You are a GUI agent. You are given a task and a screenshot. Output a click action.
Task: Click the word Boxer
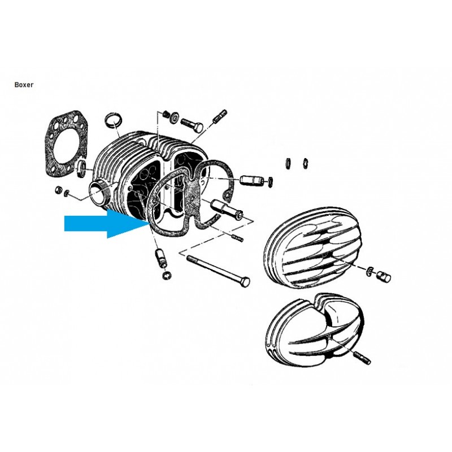(24, 85)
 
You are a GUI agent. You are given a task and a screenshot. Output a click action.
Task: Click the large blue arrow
(107, 223)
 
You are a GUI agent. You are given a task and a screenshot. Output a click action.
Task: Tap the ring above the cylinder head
(113, 120)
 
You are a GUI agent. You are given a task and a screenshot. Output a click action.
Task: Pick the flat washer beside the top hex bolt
(174, 118)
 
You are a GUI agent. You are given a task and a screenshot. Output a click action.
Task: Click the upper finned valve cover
(312, 248)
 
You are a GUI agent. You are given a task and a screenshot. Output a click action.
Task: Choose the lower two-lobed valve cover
(315, 334)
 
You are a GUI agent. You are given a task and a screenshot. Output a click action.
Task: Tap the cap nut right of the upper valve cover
(384, 276)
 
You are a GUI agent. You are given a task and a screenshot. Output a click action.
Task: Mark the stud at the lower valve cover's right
(362, 358)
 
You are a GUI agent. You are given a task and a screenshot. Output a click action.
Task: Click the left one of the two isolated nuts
(287, 163)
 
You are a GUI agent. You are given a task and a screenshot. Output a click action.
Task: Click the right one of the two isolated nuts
(305, 163)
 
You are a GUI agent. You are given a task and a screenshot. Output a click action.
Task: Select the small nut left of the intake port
(58, 190)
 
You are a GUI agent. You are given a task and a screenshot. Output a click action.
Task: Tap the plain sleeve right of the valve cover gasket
(251, 180)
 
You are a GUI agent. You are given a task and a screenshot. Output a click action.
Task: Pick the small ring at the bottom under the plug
(166, 275)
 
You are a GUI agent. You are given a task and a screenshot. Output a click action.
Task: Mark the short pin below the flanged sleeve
(237, 238)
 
